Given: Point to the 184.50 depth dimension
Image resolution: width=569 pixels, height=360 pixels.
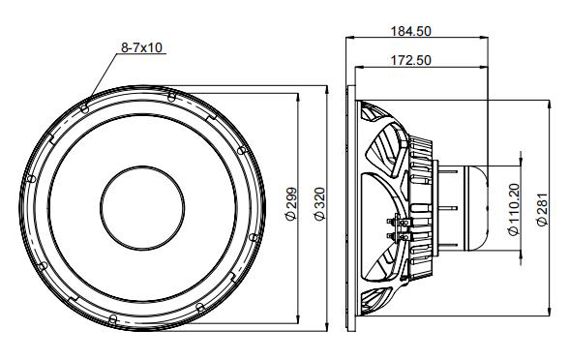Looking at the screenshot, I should [x=410, y=31].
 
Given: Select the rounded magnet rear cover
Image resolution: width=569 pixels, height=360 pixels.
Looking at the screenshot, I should [x=476, y=206].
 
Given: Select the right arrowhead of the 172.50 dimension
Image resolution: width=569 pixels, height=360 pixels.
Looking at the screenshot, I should [x=485, y=68].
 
